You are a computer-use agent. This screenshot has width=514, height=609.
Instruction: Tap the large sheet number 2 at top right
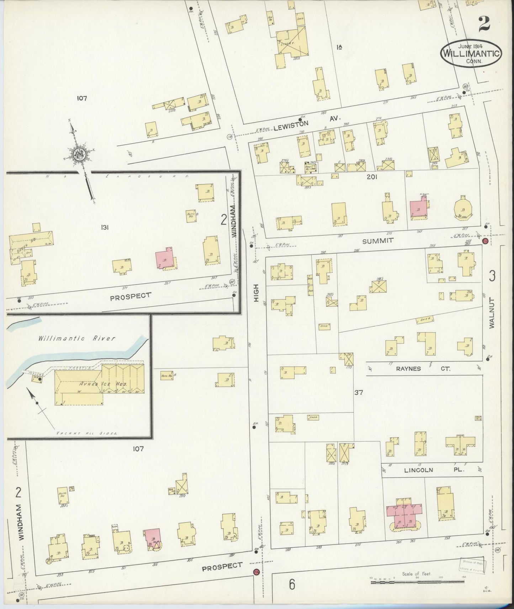tap(484, 25)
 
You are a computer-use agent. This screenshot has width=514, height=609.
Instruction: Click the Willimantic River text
tap(77, 338)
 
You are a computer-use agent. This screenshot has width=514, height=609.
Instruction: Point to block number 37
tap(358, 393)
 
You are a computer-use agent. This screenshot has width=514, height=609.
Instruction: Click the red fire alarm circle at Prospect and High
tap(255, 572)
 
